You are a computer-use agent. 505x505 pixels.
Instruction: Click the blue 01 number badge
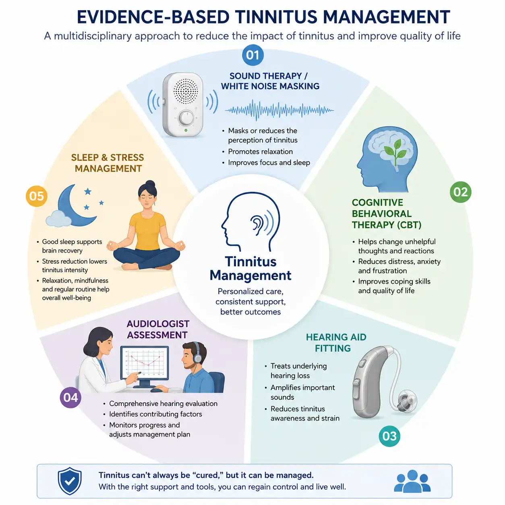pos(252,55)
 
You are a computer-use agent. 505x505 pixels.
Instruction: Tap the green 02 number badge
pos(460,192)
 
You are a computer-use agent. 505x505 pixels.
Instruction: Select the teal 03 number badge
pos(389,436)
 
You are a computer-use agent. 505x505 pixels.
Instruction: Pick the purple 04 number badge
pos(70,397)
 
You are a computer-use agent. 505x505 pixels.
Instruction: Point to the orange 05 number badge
pos(36,196)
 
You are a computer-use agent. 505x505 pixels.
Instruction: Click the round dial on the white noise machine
pos(186,118)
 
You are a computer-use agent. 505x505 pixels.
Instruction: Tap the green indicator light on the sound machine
pos(186,130)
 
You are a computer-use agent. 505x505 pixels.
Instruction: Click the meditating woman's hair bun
pos(150,184)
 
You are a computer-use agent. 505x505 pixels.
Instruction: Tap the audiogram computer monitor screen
pos(145,363)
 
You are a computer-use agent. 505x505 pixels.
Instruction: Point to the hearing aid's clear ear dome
pos(407,401)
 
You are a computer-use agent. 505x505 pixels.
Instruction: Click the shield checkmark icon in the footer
pos(69,480)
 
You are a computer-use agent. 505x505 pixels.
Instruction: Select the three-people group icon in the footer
pos(412,481)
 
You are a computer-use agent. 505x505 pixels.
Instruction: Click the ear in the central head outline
pos(257,224)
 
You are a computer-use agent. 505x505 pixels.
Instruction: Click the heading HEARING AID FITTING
pos(336,343)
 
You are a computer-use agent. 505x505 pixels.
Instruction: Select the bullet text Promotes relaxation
pos(260,151)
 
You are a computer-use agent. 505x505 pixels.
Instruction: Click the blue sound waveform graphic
pos(279,110)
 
